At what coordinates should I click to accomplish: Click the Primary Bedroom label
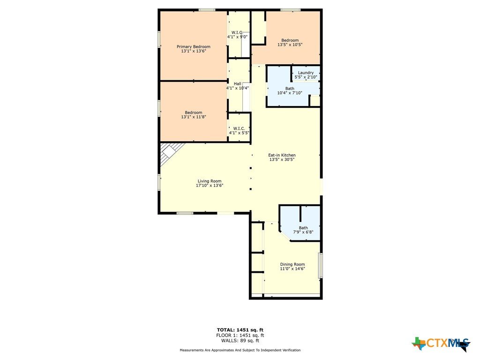[x=194, y=46]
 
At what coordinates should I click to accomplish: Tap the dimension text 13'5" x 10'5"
[x=290, y=45]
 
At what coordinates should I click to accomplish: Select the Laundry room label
[x=306, y=73]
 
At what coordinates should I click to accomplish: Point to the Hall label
[x=238, y=83]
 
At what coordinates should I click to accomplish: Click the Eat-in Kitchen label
[x=282, y=155]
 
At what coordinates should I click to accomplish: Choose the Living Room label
[x=210, y=181]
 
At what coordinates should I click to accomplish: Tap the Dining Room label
[x=292, y=264]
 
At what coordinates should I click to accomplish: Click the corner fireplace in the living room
[x=170, y=153]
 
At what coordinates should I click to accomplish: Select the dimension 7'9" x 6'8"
[x=303, y=232]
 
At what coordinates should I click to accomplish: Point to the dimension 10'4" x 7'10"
[x=290, y=93]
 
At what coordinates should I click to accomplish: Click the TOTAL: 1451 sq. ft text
[x=240, y=330]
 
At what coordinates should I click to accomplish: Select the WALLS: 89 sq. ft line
[x=240, y=340]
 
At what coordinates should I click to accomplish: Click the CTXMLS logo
[x=441, y=344]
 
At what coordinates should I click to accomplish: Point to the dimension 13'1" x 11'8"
[x=194, y=117]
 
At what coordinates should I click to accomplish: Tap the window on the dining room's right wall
[x=321, y=265]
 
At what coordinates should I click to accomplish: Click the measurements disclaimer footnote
[x=240, y=350]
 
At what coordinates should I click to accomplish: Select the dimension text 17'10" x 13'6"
[x=210, y=186]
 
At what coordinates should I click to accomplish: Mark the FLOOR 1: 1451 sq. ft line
[x=240, y=335]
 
